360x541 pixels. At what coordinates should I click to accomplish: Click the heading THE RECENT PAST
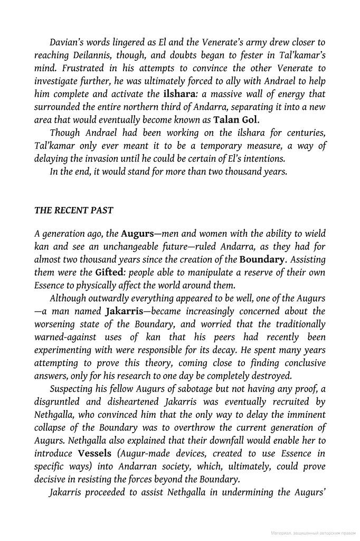click(73, 210)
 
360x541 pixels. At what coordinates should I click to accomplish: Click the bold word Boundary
click(262, 259)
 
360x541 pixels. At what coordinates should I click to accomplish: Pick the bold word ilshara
click(165, 94)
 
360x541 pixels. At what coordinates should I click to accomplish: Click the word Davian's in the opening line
click(69, 42)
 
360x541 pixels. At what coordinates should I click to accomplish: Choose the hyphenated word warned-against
click(67, 337)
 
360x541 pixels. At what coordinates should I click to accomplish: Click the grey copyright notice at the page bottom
click(312, 534)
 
